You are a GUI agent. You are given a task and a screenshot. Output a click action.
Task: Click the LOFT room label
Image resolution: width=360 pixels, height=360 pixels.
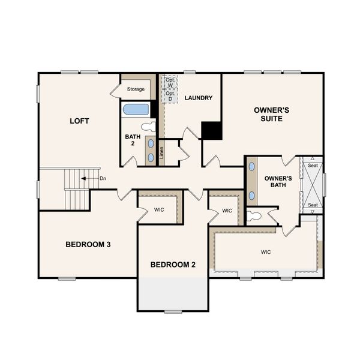79,121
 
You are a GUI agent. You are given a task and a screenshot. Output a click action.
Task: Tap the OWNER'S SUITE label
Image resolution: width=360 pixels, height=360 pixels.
272,114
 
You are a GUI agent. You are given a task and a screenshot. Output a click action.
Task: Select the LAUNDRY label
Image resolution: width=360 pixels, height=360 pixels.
198,98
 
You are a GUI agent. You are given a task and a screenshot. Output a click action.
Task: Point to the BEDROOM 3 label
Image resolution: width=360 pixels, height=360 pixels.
88,245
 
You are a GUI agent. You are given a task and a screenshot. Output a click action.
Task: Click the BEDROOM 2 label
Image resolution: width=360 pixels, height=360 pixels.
173,265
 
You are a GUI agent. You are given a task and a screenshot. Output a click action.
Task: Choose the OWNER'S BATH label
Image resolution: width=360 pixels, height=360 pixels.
278,181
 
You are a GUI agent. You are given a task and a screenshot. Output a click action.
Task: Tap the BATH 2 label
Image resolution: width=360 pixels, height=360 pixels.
133,140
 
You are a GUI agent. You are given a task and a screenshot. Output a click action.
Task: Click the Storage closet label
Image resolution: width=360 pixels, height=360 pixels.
135,89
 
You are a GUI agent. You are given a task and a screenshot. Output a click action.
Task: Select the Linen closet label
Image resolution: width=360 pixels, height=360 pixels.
162,153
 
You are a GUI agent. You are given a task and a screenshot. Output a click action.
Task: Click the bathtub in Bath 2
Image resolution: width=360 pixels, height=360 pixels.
136,109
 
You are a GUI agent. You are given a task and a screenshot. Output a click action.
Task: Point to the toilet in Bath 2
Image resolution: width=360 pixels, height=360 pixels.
148,127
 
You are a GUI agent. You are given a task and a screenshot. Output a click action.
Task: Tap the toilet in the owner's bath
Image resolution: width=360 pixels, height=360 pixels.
254,215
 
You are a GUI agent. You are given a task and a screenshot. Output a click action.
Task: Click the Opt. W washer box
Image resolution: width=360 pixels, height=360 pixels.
170,82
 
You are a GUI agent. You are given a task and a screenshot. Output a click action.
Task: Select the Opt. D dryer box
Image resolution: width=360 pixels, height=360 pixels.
170,96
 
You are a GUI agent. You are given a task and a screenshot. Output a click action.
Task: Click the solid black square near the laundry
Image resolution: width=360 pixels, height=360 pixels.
211,131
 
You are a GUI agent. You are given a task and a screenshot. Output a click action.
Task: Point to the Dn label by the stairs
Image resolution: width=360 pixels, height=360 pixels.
103,178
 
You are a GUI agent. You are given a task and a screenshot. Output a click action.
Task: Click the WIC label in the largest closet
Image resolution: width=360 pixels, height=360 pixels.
266,252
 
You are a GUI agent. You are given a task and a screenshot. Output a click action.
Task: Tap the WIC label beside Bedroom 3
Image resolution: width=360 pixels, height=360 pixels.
159,210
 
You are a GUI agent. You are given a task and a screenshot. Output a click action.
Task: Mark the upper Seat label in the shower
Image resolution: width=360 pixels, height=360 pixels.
312,166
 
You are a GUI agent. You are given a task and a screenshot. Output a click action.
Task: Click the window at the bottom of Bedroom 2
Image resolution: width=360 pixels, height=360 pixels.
173,311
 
